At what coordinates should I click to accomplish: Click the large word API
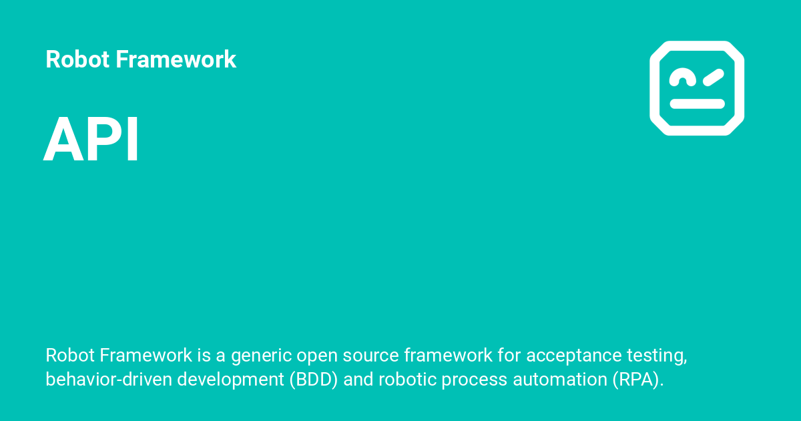91,140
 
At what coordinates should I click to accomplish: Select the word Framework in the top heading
176,59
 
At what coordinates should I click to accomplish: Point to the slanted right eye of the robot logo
713,78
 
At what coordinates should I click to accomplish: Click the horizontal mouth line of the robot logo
697,104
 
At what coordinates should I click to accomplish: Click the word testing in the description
658,356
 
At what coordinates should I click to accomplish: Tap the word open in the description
316,356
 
